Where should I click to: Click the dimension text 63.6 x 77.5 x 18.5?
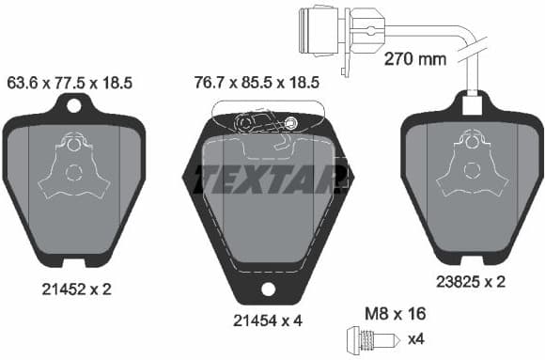tap(70, 84)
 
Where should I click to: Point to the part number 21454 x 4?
tap(267, 320)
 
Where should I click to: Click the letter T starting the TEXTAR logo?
tap(206, 177)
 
